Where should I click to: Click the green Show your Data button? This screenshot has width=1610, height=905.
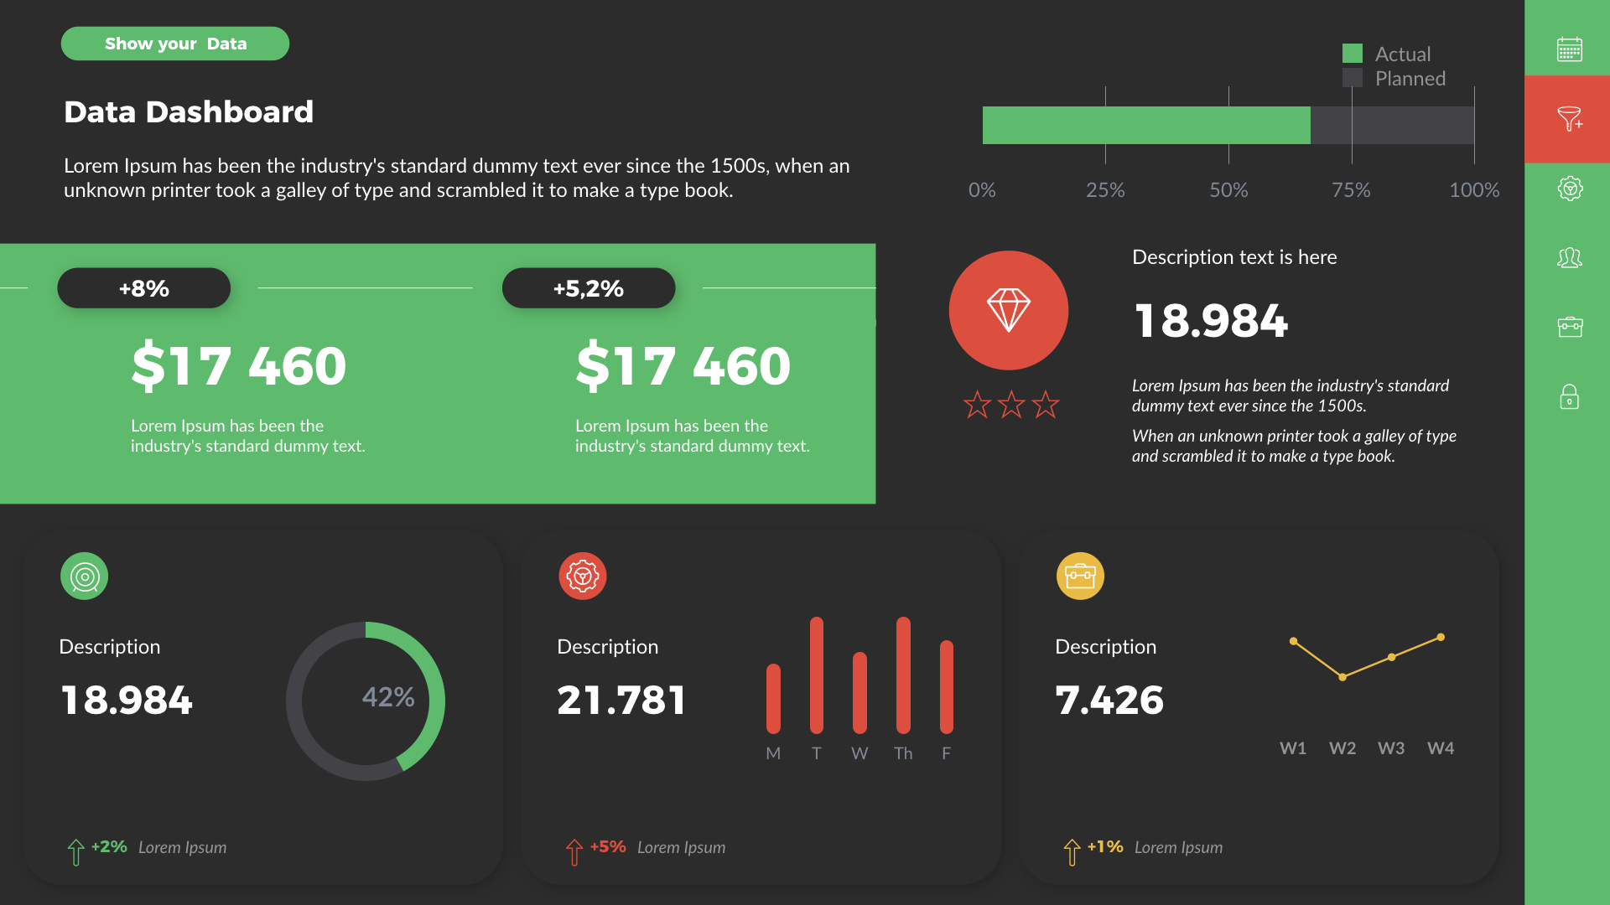(x=174, y=44)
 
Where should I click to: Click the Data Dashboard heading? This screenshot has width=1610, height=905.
(x=189, y=111)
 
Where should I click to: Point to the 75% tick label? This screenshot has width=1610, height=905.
(x=1351, y=190)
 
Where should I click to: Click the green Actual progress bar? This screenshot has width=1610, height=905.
(x=1145, y=126)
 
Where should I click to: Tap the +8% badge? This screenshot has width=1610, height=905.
(x=143, y=288)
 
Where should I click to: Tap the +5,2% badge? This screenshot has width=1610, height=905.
(x=588, y=288)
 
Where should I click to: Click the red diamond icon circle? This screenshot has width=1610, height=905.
(x=1008, y=310)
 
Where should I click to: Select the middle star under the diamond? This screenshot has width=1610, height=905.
(x=1011, y=405)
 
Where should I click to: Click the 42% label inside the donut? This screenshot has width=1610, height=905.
(x=388, y=696)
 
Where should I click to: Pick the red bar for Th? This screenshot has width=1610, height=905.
(x=903, y=675)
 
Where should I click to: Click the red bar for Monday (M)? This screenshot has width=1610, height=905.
(x=773, y=698)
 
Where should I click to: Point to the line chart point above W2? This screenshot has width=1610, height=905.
(x=1343, y=677)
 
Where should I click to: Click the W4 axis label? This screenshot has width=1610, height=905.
(x=1441, y=747)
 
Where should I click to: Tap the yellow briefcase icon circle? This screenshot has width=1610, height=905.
(x=1080, y=576)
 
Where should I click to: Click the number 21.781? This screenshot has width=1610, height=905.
(x=621, y=700)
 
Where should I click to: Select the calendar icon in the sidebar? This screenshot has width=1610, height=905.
(x=1569, y=49)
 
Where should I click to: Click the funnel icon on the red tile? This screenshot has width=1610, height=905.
(x=1569, y=119)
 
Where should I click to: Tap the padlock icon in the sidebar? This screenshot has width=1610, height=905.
(x=1569, y=397)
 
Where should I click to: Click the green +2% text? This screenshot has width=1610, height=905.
(x=109, y=846)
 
